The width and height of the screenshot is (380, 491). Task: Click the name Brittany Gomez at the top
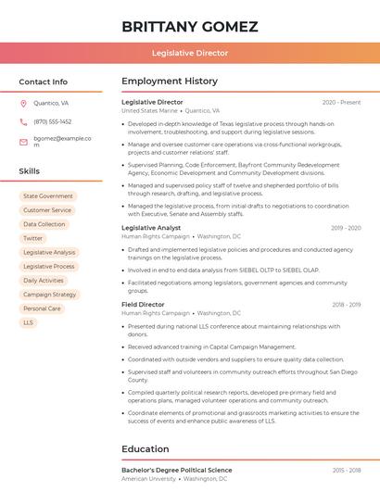pos(189,26)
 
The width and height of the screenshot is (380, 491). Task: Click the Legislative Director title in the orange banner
pos(189,54)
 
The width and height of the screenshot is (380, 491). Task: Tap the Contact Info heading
pos(43,82)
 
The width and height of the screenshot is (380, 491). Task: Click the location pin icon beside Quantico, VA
pos(23,104)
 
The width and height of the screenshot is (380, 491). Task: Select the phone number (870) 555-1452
pos(52,121)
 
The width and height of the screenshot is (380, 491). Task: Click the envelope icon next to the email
pos(23,142)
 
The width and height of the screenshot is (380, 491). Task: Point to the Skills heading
pos(29,171)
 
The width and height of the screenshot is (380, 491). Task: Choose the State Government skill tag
pos(48,196)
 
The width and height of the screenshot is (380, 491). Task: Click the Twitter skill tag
pos(32,238)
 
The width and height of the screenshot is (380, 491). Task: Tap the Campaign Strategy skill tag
pos(50,295)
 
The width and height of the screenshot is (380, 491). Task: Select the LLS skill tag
pos(29,322)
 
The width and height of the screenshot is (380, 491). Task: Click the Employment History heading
pos(170,82)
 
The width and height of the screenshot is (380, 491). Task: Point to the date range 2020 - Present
pos(341,102)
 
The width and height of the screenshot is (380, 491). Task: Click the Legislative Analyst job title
pos(151,228)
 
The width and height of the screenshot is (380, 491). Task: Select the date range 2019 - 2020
pos(345,228)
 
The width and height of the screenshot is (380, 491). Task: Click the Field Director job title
pos(143,304)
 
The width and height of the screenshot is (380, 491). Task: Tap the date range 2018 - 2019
pos(345,304)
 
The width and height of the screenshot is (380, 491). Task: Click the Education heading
pos(146,449)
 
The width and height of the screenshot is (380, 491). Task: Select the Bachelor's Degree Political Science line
pos(176,471)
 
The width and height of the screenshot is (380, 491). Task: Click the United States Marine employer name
pos(149,110)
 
